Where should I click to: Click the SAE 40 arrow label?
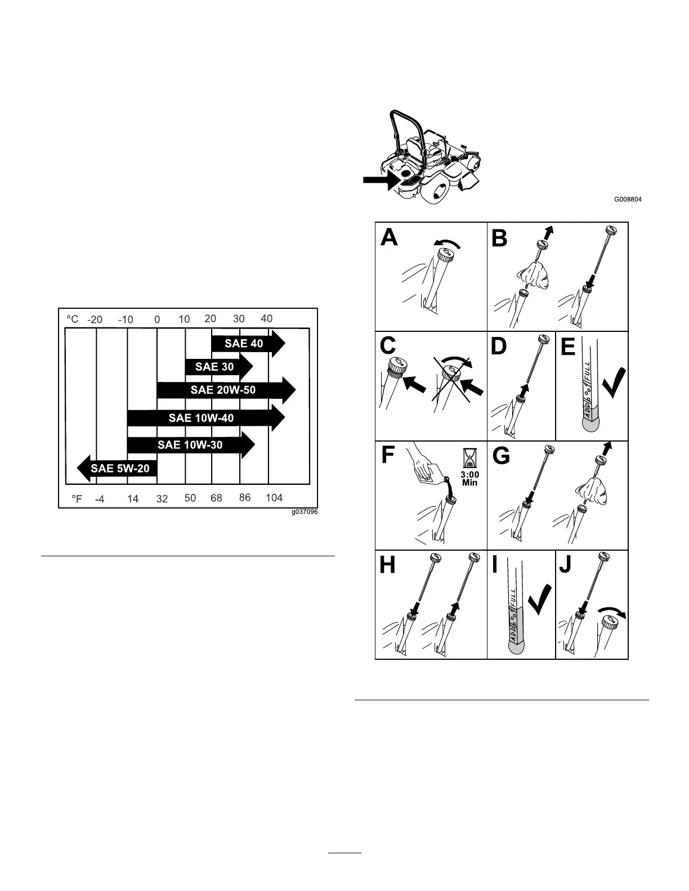pos(244,343)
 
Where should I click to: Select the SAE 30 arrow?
pos(214,367)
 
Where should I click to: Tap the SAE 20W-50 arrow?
pos(223,390)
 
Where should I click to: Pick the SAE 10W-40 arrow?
pos(202,418)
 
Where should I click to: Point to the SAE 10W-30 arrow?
pos(190,445)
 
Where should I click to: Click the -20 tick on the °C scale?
pos(95,319)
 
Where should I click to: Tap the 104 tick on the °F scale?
pos(274,498)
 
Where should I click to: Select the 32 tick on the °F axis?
pos(162,499)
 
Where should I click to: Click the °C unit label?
pos(73,319)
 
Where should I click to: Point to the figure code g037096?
pos(304,512)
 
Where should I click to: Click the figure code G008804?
pos(628,199)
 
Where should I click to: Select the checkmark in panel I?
pos(540,600)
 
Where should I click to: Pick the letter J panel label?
pos(566,564)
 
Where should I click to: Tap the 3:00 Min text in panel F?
pos(469,479)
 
